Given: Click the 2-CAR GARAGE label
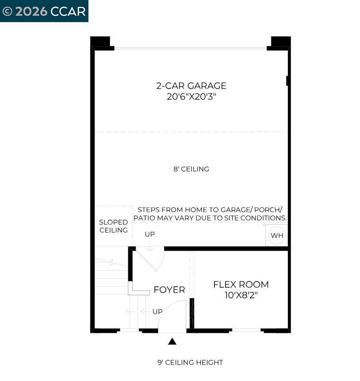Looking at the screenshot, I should tap(191, 86).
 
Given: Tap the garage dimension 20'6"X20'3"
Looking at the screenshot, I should tap(191, 96).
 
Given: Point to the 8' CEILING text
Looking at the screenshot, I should tap(191, 169).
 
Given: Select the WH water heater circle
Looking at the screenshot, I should tap(277, 235).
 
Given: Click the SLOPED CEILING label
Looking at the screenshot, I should tap(114, 226).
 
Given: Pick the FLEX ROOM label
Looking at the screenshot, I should tap(241, 285).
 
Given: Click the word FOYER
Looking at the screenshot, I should tap(169, 290).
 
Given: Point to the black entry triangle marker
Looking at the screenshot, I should tap(172, 341).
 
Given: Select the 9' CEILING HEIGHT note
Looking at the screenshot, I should tap(190, 362).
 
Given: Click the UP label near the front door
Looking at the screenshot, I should tap(157, 312).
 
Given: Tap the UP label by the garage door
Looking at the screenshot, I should tap(150, 234).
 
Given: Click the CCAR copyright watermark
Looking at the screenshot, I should tap(44, 11).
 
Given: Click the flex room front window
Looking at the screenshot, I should tap(246, 330).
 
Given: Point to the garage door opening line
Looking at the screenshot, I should tap(190, 48).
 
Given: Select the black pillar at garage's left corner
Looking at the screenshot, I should tap(101, 42).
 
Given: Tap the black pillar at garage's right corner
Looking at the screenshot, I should tap(280, 42).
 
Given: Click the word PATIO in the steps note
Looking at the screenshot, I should tap(146, 218).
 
